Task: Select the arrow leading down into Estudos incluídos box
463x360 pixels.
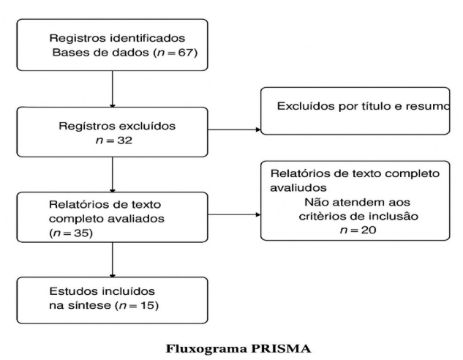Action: click(112, 260)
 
